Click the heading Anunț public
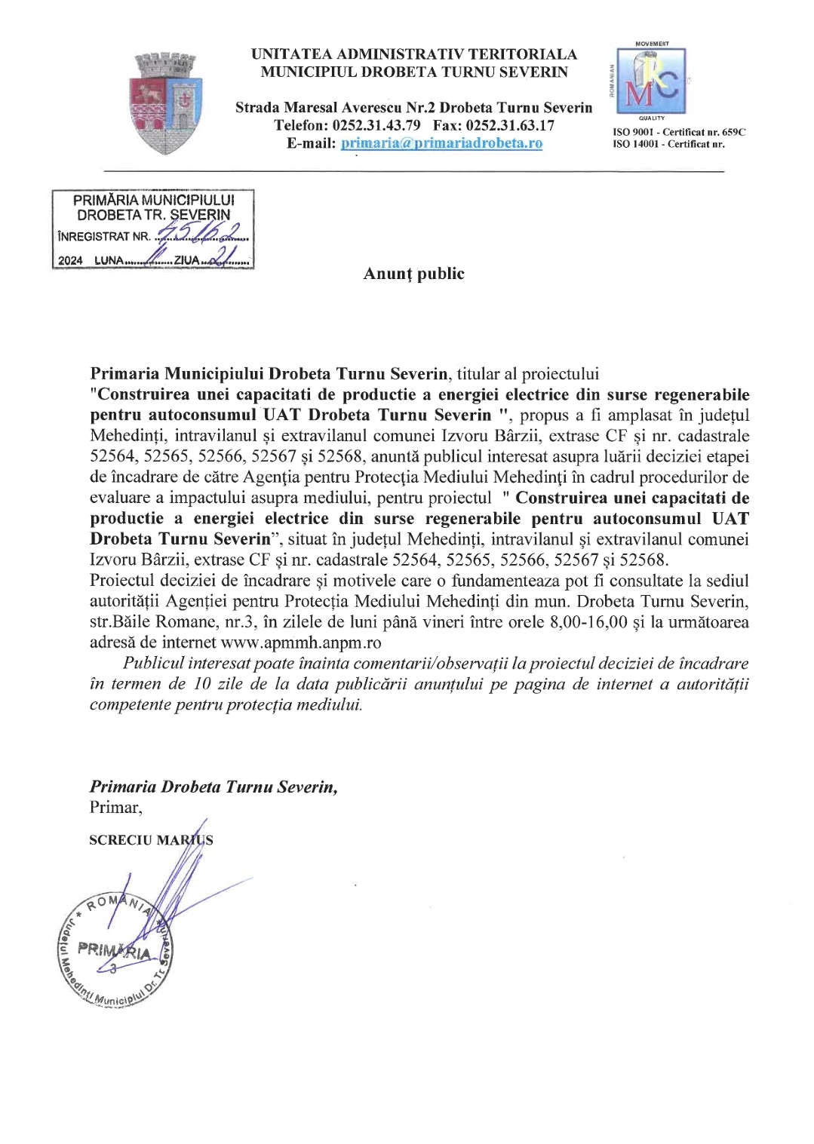(x=413, y=274)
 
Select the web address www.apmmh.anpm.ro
(x=300, y=643)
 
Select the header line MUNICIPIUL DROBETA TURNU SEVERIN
(x=414, y=72)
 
